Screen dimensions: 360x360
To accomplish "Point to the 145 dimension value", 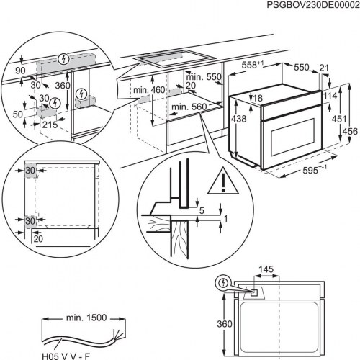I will click(266, 269).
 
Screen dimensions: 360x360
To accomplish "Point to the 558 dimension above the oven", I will click(251, 65).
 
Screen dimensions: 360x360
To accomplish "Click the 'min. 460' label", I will click(148, 90).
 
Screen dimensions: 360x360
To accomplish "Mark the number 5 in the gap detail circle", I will click(203, 211).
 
